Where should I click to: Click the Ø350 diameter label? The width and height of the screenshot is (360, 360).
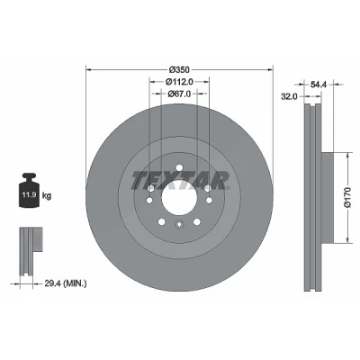(179, 70)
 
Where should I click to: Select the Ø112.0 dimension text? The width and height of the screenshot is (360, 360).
(179, 82)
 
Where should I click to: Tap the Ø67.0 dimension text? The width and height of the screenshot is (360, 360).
(179, 94)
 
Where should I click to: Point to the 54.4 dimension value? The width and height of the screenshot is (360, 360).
(319, 85)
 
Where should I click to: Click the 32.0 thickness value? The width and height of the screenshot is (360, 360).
(289, 96)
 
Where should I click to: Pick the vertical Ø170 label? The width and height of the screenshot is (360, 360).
(347, 197)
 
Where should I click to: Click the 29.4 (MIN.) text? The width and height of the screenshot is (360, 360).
(66, 283)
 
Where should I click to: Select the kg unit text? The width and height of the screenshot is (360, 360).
(47, 196)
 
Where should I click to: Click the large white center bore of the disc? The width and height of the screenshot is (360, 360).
(179, 198)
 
